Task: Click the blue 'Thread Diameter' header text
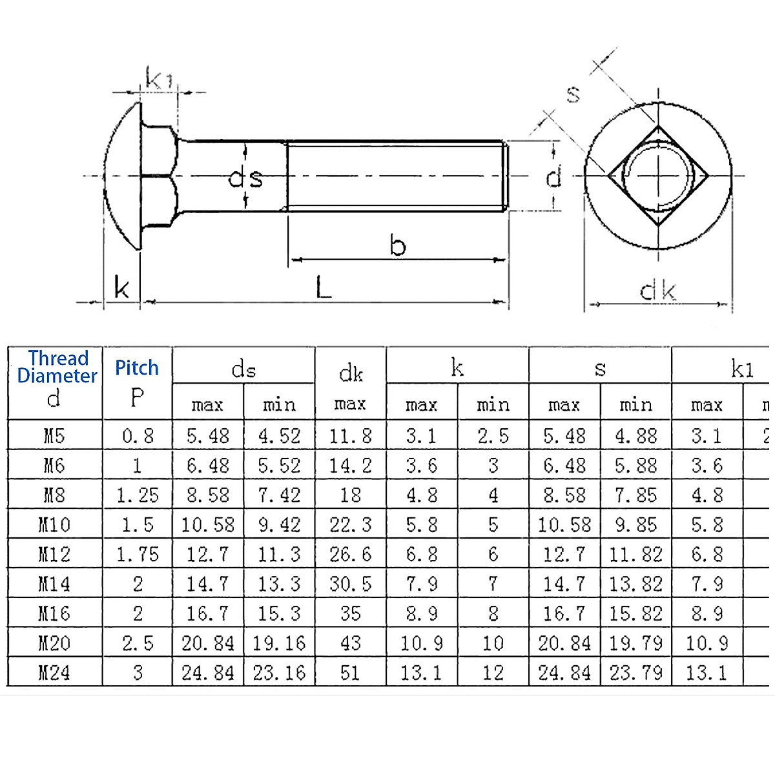[x=57, y=367]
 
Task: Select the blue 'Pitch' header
[x=137, y=367]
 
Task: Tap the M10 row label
[x=54, y=524]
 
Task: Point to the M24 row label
[x=54, y=673]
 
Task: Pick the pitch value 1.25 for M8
[x=137, y=495]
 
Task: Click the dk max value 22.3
[x=350, y=524]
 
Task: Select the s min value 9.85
[x=635, y=524]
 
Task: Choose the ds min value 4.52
[x=279, y=436]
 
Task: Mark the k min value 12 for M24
[x=493, y=673]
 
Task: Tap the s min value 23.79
[x=635, y=673]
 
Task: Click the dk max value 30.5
[x=350, y=584]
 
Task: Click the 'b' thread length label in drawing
[x=398, y=246]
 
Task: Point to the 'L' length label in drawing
[x=324, y=287]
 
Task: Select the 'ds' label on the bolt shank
[x=246, y=177]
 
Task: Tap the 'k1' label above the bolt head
[x=159, y=79]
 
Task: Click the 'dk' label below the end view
[x=657, y=291]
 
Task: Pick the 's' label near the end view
[x=573, y=94]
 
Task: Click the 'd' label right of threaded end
[x=553, y=176]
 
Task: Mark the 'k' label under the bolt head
[x=121, y=287]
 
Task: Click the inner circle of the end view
[x=659, y=176]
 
